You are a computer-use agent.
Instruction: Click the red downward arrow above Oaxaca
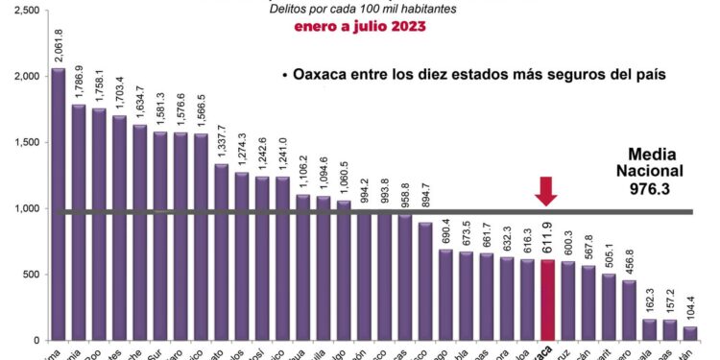click(x=546, y=191)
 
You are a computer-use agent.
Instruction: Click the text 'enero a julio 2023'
click(x=360, y=27)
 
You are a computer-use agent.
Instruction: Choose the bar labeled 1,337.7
click(x=221, y=252)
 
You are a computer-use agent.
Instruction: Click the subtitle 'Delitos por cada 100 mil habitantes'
click(x=362, y=10)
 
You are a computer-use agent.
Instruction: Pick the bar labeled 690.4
click(x=446, y=295)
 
